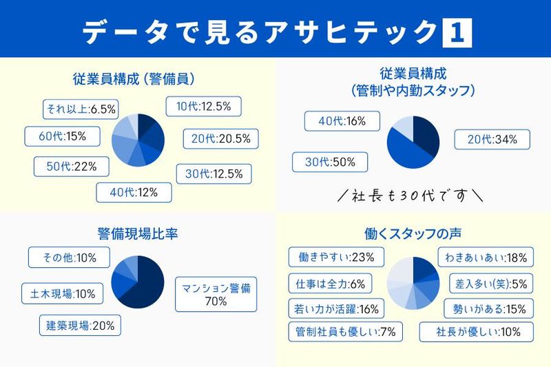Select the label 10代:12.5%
tap(203, 106)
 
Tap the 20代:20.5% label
tap(220, 140)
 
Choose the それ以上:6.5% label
tap(79, 107)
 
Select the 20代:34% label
tap(492, 140)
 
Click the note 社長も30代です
tap(412, 196)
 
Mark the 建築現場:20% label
tap(80, 325)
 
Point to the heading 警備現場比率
tap(138, 233)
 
